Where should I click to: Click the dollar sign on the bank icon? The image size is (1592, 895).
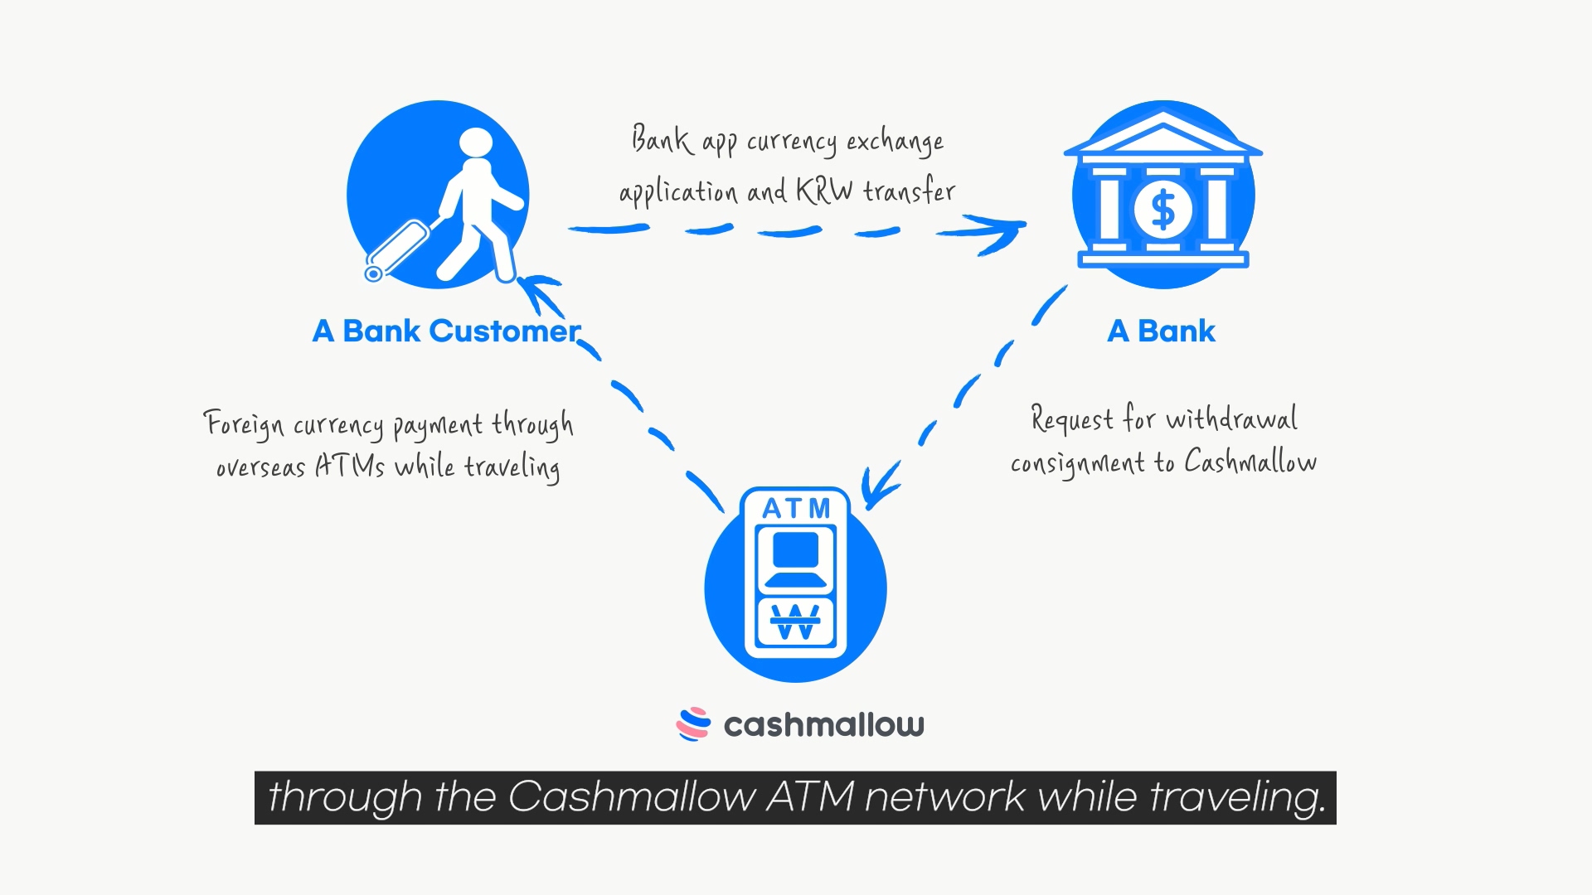click(x=1163, y=209)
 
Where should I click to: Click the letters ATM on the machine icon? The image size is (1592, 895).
click(x=796, y=508)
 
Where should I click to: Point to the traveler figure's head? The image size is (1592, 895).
click(x=476, y=143)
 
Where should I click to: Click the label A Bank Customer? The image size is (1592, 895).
click(x=446, y=331)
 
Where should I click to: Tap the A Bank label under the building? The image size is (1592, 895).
click(x=1161, y=331)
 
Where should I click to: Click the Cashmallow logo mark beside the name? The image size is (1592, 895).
click(x=693, y=723)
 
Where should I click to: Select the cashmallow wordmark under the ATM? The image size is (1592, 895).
click(x=823, y=725)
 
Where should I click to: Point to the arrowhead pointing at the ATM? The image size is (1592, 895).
click(x=879, y=487)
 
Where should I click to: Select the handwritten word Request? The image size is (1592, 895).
click(x=1071, y=418)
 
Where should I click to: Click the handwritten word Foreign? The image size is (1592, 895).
click(x=244, y=424)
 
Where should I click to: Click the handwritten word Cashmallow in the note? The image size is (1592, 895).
click(x=1250, y=461)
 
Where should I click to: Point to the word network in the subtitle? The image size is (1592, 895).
click(x=944, y=796)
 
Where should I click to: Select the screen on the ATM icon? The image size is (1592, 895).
click(x=796, y=550)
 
